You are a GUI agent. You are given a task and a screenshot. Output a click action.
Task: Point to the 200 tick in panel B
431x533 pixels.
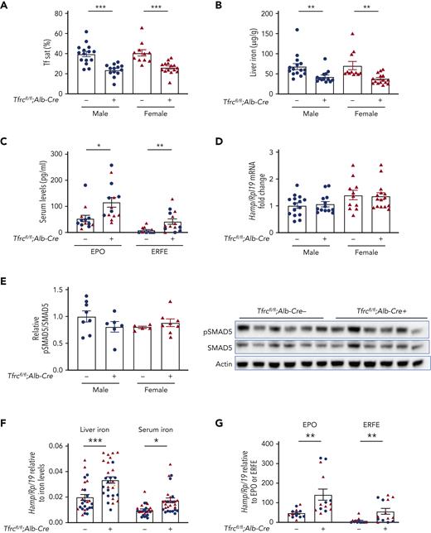258,15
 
